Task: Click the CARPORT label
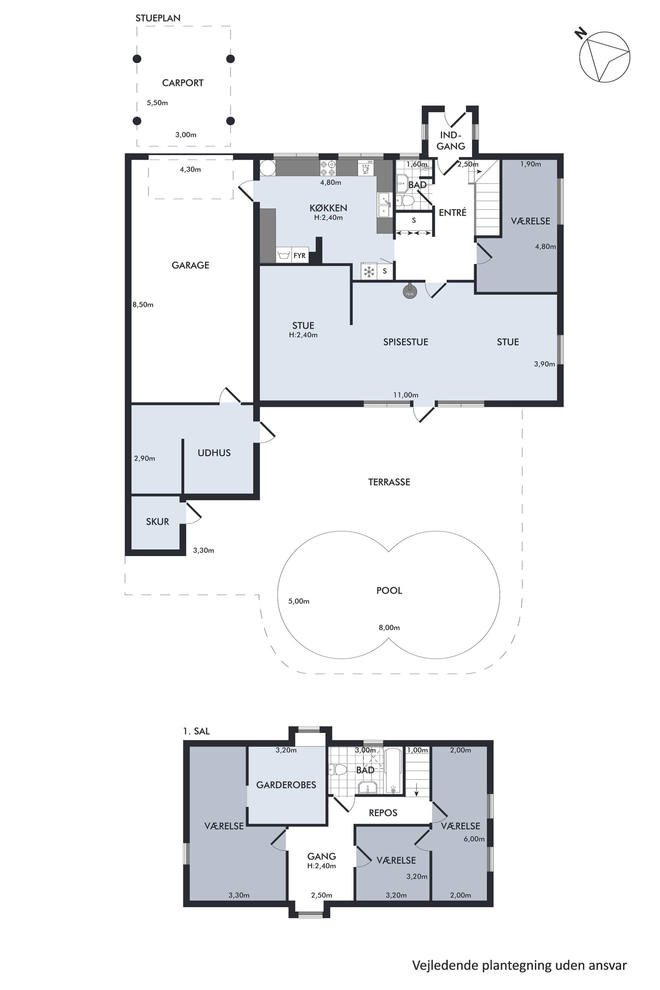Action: [x=183, y=83]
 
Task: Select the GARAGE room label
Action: [x=190, y=265]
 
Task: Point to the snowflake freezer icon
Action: [x=369, y=271]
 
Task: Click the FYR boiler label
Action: [x=300, y=255]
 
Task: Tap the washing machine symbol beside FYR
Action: [x=284, y=255]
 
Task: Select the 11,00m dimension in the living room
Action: [x=406, y=395]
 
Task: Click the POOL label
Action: [x=389, y=590]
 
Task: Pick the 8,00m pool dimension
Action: [x=389, y=628]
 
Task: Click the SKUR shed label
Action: [x=157, y=522]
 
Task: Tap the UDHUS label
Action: [x=214, y=453]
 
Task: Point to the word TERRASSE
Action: [x=389, y=482]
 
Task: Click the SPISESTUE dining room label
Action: [x=406, y=342]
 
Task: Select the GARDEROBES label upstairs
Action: [x=286, y=785]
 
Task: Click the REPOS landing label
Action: [x=383, y=813]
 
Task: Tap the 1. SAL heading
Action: [x=196, y=731]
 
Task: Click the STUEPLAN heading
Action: [x=158, y=18]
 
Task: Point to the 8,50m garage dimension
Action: [x=143, y=305]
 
